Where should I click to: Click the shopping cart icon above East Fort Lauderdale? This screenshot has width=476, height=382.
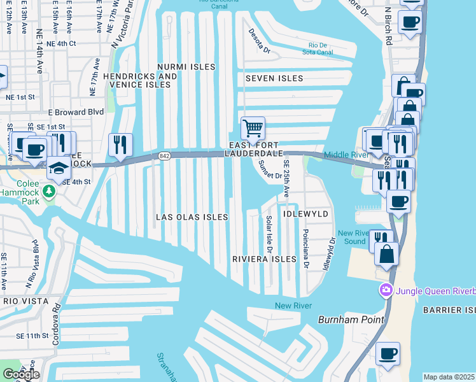click(x=253, y=129)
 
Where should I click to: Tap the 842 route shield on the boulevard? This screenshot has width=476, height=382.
click(x=165, y=155)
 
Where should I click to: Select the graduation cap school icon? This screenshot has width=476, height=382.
click(x=58, y=168)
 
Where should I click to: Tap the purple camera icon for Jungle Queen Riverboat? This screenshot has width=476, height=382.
click(x=386, y=291)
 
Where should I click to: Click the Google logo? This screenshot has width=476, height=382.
click(x=21, y=374)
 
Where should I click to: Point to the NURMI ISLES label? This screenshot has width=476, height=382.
click(x=186, y=67)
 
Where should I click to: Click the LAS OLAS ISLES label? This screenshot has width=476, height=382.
click(x=192, y=217)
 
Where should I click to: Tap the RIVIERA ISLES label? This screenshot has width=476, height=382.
click(x=264, y=259)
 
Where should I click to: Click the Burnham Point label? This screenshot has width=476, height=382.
click(x=343, y=318)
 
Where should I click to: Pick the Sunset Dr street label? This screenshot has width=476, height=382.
click(x=269, y=171)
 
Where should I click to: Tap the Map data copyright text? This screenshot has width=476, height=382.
click(x=449, y=377)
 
